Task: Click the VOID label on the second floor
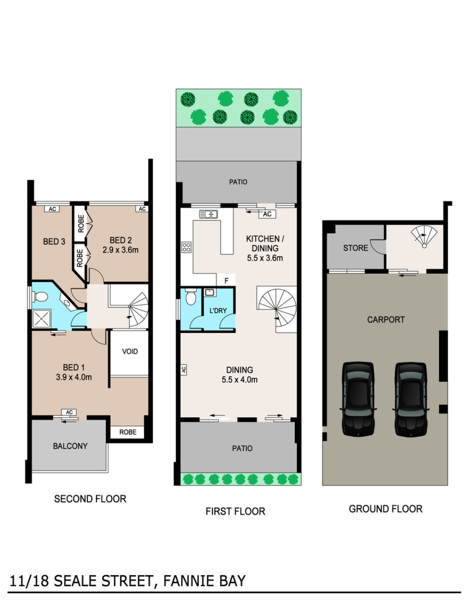point(130,352)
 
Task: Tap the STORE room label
point(355,248)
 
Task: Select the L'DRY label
point(218,311)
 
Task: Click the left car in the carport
point(358,399)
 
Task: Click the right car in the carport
point(411,399)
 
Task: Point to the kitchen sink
point(209,214)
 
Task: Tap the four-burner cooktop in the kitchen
point(186,247)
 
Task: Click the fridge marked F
point(226,280)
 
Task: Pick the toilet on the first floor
point(191,297)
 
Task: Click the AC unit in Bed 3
point(52,209)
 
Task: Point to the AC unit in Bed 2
point(142,209)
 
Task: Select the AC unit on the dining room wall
point(184,370)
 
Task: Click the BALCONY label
point(70,446)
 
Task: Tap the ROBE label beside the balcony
point(128,432)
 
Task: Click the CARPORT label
point(386,320)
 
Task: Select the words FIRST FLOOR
point(236,511)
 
